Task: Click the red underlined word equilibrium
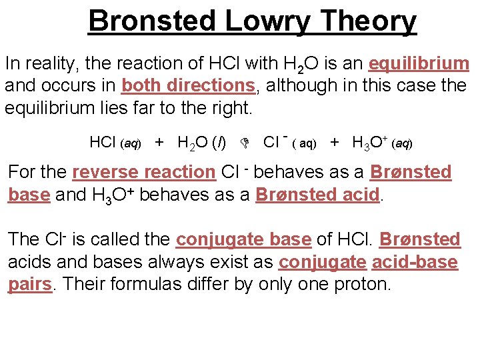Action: pyautogui.click(x=419, y=64)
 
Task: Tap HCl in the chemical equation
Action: pyautogui.click(x=103, y=142)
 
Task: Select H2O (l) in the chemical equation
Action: pyautogui.click(x=205, y=142)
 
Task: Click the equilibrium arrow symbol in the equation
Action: pyautogui.click(x=245, y=143)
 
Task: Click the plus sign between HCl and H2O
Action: pyautogui.click(x=159, y=142)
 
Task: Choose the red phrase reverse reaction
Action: pyautogui.click(x=143, y=172)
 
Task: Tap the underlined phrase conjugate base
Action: pyautogui.click(x=243, y=239)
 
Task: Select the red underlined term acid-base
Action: pyautogui.click(x=415, y=262)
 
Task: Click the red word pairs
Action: pyautogui.click(x=30, y=284)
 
